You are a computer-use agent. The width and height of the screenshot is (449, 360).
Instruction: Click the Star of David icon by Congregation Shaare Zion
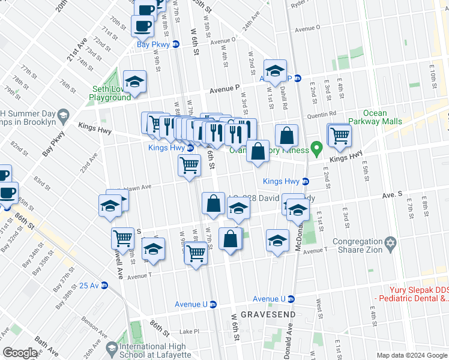click(391, 244)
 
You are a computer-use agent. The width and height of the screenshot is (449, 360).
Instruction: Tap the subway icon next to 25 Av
click(104, 285)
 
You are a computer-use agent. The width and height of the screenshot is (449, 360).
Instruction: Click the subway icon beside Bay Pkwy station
click(176, 44)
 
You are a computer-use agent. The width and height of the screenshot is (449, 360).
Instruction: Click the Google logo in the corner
click(20, 353)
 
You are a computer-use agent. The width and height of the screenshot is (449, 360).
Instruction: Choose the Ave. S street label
click(392, 195)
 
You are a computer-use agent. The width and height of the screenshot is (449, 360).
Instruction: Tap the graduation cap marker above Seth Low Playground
click(134, 83)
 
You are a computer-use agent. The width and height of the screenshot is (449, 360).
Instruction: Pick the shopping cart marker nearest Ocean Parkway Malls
click(340, 135)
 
